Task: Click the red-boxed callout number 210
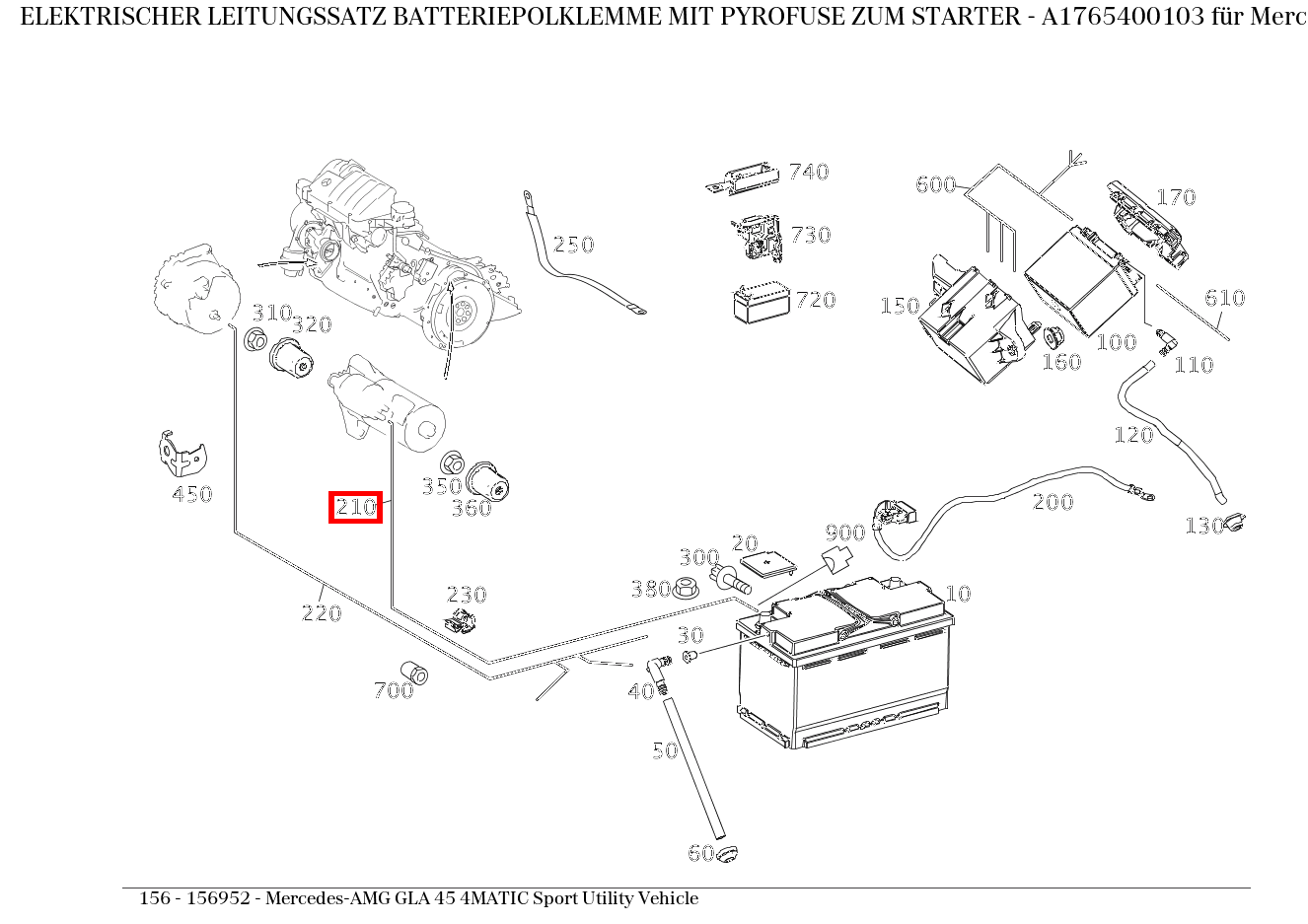click(355, 507)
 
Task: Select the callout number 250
click(573, 245)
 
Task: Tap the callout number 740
click(808, 172)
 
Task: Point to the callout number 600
click(935, 184)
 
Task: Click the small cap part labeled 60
click(727, 853)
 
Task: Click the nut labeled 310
click(254, 341)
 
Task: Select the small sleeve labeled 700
click(415, 673)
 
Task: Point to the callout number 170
click(1175, 197)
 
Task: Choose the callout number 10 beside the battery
click(958, 594)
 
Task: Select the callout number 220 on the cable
click(321, 613)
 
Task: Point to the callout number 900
click(844, 533)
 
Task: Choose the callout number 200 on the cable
click(1053, 502)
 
